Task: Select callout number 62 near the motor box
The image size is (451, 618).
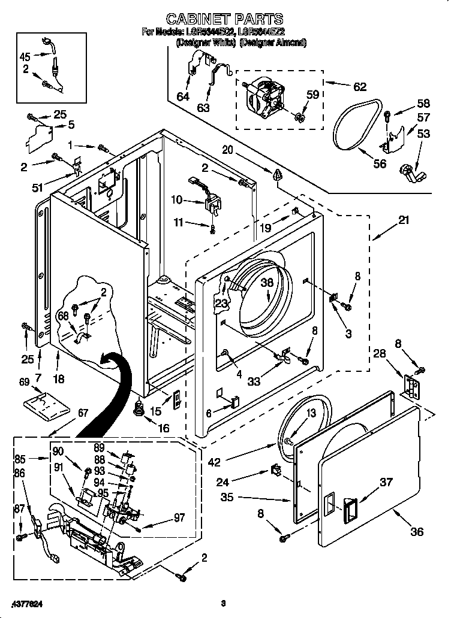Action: [x=359, y=87]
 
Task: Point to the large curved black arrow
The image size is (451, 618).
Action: [x=111, y=395]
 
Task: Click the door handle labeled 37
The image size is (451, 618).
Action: [x=349, y=510]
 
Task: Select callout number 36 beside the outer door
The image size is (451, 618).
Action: [x=416, y=531]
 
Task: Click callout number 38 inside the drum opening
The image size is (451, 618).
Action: [x=267, y=284]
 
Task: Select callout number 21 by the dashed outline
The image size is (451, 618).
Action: [x=404, y=220]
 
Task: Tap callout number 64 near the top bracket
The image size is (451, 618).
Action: [x=183, y=96]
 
